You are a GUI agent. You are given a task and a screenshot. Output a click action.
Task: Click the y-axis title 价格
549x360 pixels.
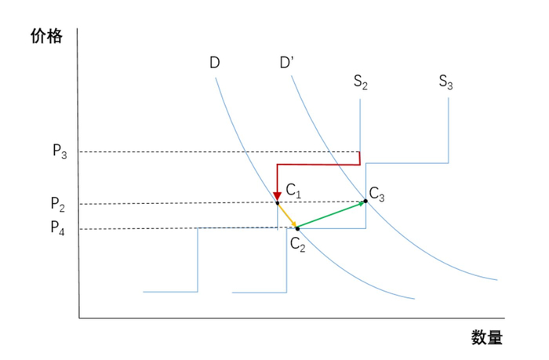45,37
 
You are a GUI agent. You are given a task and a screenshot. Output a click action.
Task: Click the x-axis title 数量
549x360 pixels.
486,339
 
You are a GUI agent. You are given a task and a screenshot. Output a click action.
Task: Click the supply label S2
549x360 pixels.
360,82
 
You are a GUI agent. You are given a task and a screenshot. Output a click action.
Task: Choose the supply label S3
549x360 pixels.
445,82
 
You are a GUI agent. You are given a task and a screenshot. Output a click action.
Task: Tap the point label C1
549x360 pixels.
293,189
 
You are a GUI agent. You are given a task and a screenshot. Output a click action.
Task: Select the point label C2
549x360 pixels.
297,243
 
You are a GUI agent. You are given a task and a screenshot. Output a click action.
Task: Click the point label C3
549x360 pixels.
377,193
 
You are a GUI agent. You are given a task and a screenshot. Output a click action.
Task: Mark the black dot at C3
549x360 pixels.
365,201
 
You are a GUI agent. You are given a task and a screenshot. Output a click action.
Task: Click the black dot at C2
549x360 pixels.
297,228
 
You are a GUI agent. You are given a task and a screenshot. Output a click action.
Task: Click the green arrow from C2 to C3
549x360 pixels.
331,215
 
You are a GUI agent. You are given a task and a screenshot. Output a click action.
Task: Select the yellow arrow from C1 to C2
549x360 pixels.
286,216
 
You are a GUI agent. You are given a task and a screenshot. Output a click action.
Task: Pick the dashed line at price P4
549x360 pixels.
141,228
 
